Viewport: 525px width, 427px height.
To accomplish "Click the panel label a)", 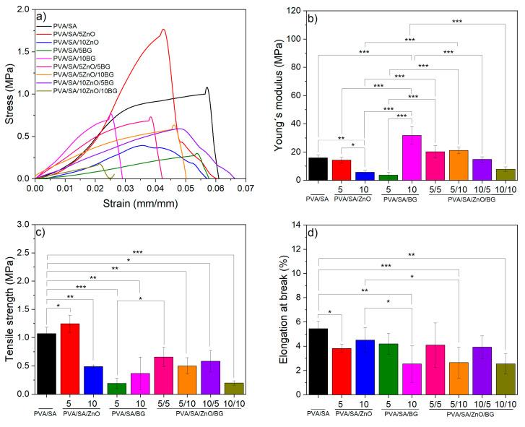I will click(53, 16).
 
